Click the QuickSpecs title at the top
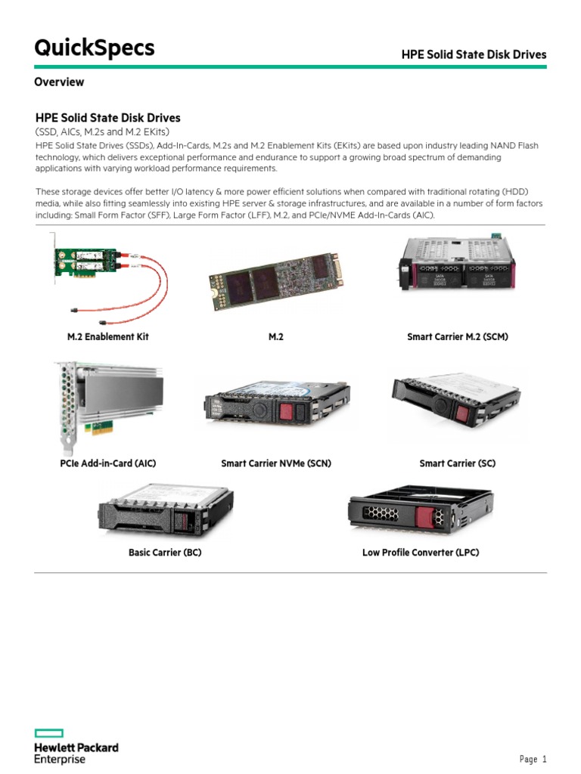click(x=94, y=48)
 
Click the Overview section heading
click(x=59, y=82)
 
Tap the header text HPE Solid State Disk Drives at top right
click(x=473, y=54)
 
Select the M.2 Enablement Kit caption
click(x=108, y=336)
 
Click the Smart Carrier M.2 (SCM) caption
click(x=457, y=336)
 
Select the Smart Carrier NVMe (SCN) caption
click(x=276, y=463)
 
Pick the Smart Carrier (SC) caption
click(x=457, y=463)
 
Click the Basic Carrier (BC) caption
click(x=165, y=553)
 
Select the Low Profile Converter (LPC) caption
click(x=421, y=553)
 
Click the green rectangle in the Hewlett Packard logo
click(x=48, y=733)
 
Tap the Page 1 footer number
click(x=533, y=759)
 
